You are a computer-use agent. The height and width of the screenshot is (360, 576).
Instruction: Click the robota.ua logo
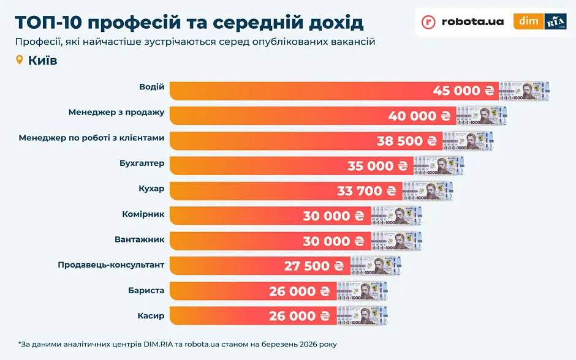click(x=463, y=22)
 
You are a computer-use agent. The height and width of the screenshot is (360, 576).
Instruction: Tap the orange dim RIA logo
click(x=539, y=21)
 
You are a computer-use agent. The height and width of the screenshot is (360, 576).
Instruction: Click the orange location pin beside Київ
click(x=19, y=60)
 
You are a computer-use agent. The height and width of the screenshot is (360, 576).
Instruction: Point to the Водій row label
click(x=152, y=87)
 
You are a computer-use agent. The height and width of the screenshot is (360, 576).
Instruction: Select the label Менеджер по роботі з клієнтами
click(x=91, y=138)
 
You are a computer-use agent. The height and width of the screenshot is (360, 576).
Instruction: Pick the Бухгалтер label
click(x=142, y=163)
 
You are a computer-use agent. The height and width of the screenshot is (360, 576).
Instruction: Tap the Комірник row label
click(x=143, y=214)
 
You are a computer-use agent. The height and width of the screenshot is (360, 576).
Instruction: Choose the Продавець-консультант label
click(x=111, y=264)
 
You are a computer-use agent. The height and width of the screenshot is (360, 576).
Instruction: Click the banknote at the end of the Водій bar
click(x=525, y=91)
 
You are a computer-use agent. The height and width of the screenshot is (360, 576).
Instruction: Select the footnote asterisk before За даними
click(x=20, y=344)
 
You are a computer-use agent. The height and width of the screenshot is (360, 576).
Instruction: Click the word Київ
click(x=42, y=61)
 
